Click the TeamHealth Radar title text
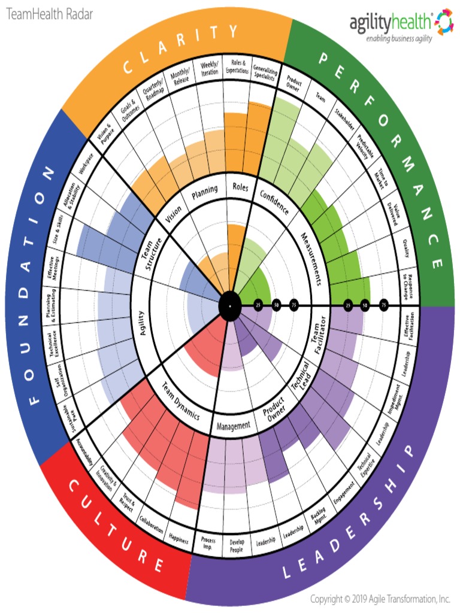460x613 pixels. [50, 15]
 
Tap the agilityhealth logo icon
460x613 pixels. [444, 22]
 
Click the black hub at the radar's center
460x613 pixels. [229, 306]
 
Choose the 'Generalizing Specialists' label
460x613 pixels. [264, 72]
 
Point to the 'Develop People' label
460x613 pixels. [237, 545]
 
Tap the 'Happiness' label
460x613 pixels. [179, 538]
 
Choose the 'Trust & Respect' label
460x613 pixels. [126, 502]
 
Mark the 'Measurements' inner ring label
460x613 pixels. [313, 259]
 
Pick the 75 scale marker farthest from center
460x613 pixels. [384, 306]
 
